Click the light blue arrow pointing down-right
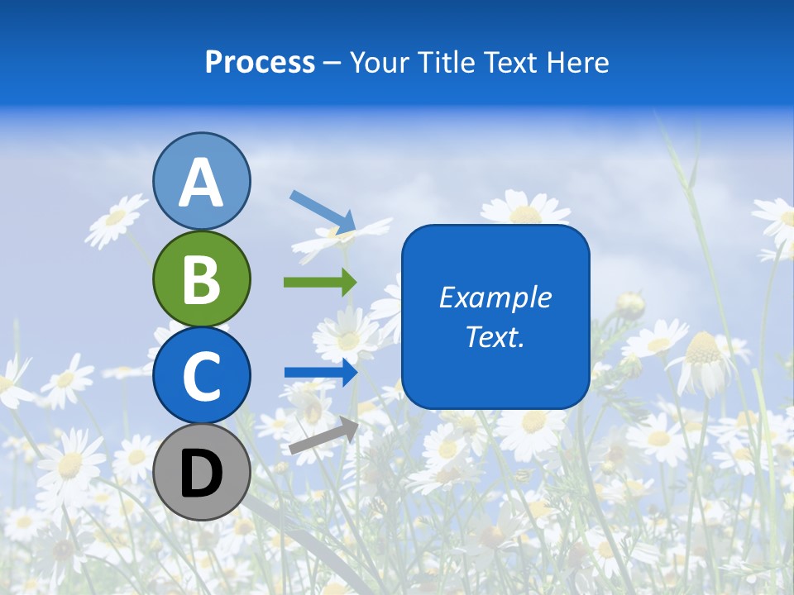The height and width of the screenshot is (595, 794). [323, 212]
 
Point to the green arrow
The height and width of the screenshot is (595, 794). [320, 282]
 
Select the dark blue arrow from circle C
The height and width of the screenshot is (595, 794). [321, 372]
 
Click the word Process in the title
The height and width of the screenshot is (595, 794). [260, 63]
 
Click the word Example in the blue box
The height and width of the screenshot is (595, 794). [495, 297]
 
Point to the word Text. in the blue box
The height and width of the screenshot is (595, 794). [495, 337]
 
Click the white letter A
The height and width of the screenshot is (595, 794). [202, 183]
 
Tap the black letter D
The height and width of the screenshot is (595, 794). [202, 474]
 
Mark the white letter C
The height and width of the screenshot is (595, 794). [202, 376]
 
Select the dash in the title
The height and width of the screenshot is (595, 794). [332, 63]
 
